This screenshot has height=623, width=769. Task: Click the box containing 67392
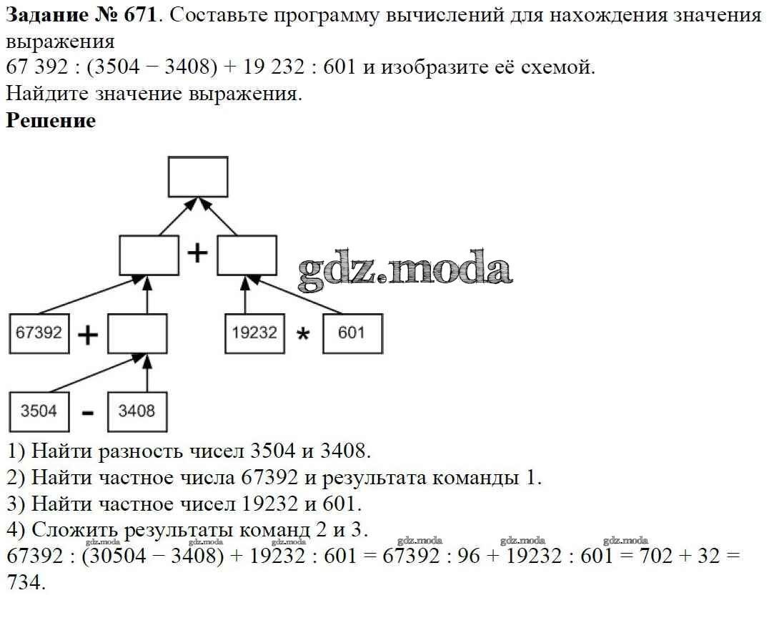39,333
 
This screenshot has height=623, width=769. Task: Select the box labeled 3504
39,411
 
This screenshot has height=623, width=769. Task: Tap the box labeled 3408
137,411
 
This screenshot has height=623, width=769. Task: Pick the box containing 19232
254,333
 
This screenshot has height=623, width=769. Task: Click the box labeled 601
352,333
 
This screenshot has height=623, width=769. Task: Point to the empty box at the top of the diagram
198,177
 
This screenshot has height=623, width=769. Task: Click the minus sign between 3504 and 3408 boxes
87,413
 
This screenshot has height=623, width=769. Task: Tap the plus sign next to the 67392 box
87,335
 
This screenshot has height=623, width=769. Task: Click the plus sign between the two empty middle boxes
197,254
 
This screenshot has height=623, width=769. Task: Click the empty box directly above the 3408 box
137,333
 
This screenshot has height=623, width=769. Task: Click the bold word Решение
51,120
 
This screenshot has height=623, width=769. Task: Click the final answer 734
24,582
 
